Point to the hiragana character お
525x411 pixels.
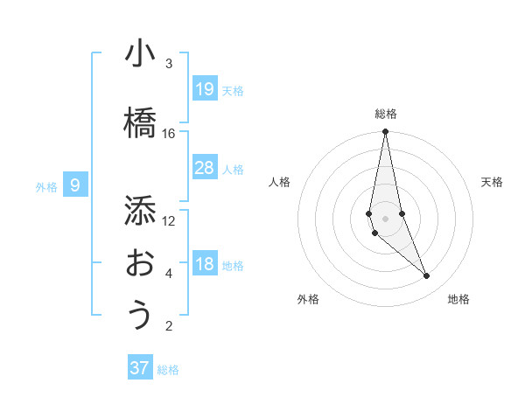[x=140, y=263]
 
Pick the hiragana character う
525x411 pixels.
[x=140, y=316]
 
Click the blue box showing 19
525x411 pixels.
[x=205, y=89]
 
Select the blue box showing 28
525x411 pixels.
[x=205, y=168]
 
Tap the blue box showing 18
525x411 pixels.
[x=205, y=264]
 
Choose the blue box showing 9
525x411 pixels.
[x=75, y=185]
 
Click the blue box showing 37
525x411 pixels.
[x=140, y=368]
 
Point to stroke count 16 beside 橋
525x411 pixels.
[x=169, y=133]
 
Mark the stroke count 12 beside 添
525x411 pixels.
[x=169, y=220]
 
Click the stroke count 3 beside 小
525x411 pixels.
[x=169, y=63]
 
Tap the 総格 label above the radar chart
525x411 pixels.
[x=385, y=114]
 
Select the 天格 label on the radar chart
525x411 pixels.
[x=493, y=182]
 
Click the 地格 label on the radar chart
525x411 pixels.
[x=458, y=299]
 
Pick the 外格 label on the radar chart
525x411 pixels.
[x=308, y=299]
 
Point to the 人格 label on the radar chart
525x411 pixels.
[x=280, y=182]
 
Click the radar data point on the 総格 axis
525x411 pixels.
[x=385, y=132]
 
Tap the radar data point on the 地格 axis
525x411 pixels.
[x=427, y=276]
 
